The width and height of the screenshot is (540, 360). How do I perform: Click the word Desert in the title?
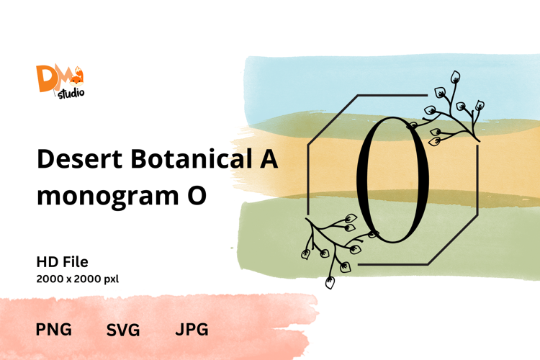tap(79, 159)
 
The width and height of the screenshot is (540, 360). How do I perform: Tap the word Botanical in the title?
tap(191, 158)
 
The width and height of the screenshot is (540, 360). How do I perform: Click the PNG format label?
tap(54, 329)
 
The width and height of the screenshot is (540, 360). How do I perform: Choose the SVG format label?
tap(123, 330)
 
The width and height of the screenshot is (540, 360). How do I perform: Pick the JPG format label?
tap(192, 329)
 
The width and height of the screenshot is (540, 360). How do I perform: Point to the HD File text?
tap(63, 262)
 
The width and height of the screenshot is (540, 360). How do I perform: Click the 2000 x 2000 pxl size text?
tap(78, 279)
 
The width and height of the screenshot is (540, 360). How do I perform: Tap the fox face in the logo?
tap(76, 80)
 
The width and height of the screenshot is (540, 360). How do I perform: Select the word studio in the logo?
tap(71, 94)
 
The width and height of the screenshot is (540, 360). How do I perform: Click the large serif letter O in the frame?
tap(392, 180)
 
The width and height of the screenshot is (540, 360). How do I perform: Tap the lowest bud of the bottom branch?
tap(330, 282)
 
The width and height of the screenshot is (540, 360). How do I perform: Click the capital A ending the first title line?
tap(269, 159)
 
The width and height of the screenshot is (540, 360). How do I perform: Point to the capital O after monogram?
tap(197, 195)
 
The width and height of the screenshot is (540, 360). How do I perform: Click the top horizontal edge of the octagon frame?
tap(392, 95)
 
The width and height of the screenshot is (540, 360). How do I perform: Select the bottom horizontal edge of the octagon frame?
tap(393, 264)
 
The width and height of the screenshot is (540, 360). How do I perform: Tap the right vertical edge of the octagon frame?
tap(477, 180)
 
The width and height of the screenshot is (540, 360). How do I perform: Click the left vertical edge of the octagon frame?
tap(308, 180)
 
